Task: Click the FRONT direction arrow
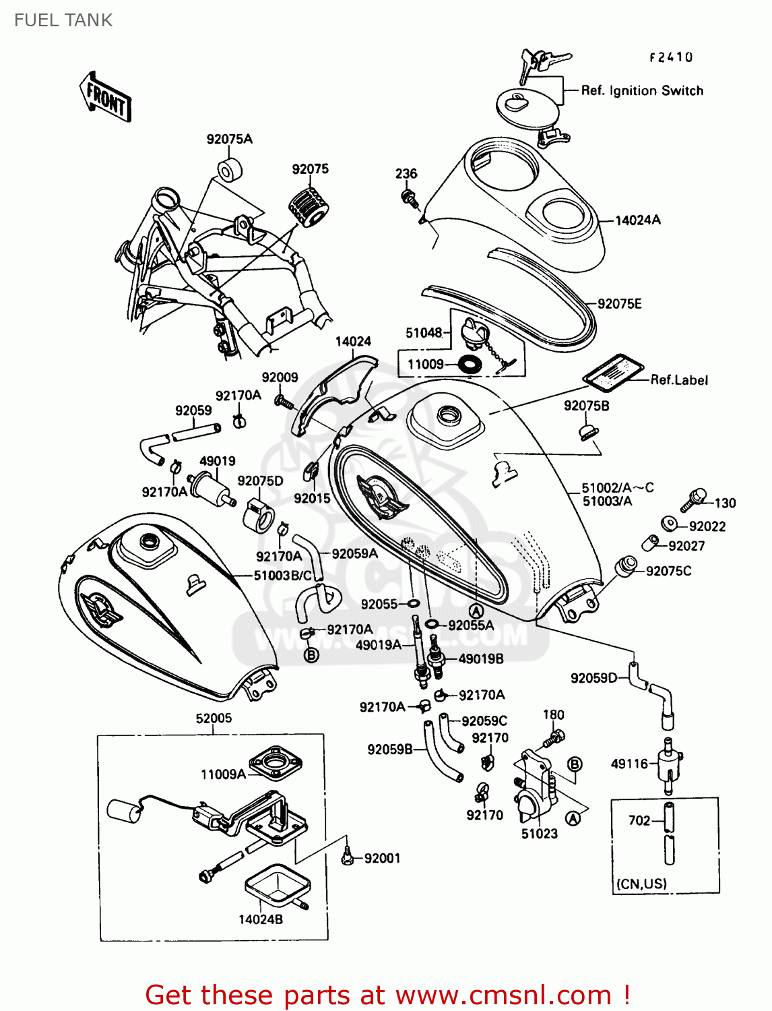(x=105, y=98)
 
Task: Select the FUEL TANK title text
(x=63, y=20)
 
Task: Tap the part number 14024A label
(x=637, y=220)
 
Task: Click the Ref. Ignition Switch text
(x=642, y=90)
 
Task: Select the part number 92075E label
(x=620, y=304)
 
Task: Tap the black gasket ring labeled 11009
(x=470, y=365)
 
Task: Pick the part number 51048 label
(x=424, y=332)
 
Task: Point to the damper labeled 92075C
(x=626, y=565)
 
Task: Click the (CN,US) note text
(x=641, y=884)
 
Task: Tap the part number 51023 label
(x=539, y=834)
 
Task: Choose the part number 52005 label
(x=214, y=718)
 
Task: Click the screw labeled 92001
(x=348, y=857)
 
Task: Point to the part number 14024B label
(x=261, y=919)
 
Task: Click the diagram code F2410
(x=671, y=58)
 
